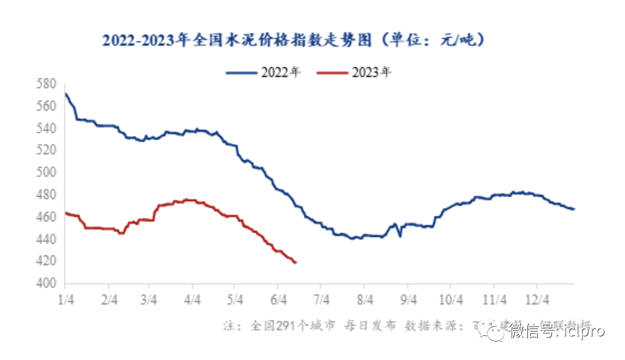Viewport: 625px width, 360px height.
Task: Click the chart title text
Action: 293,41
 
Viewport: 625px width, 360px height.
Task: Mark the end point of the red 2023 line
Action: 296,263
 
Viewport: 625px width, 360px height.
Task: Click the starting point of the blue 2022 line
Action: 65,93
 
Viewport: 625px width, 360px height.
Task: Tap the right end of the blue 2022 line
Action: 574,209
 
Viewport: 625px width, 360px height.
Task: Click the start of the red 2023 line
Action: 65,213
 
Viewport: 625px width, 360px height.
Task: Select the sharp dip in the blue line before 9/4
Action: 400,236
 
